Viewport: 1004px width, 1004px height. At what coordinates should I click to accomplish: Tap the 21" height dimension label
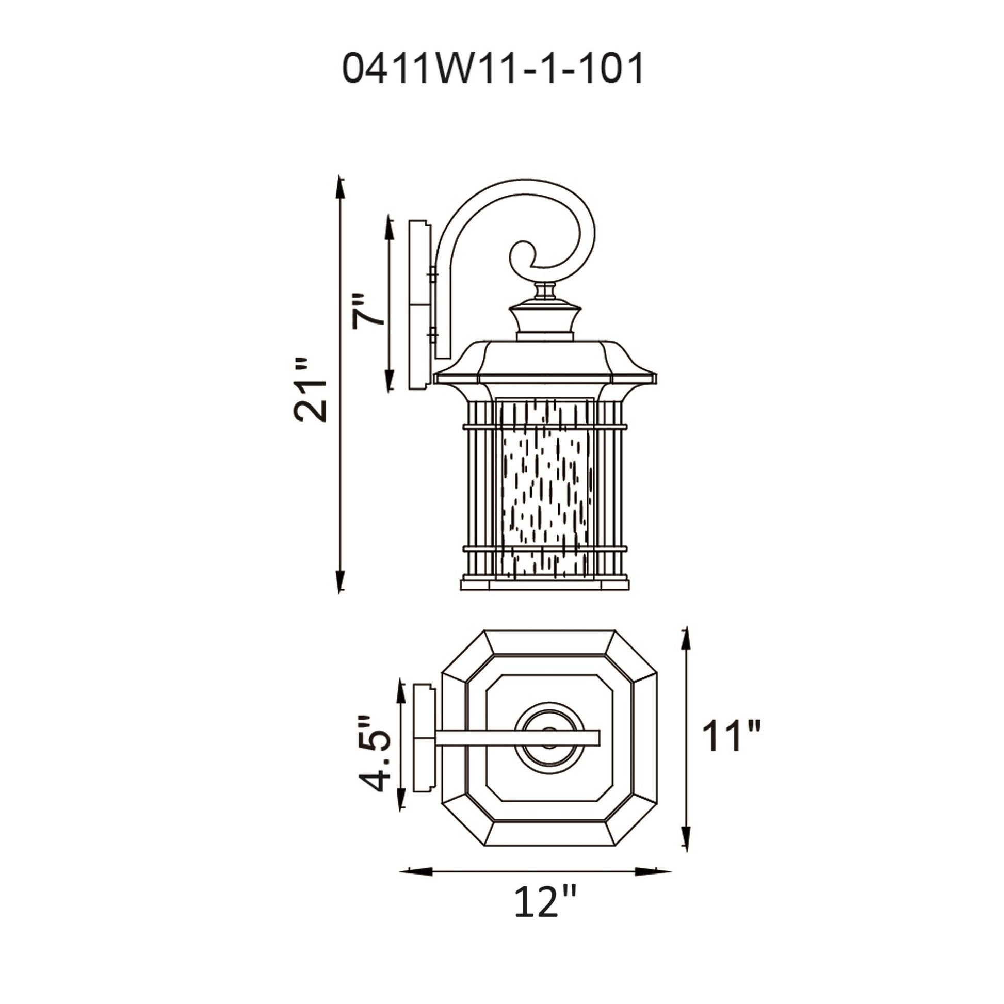point(311,390)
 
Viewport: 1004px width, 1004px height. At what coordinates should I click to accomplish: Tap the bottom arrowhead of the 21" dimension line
point(340,581)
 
